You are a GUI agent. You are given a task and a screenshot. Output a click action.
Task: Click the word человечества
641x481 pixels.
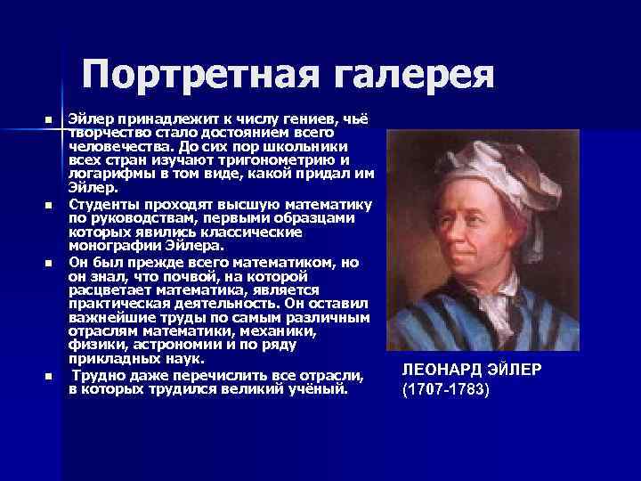coord(111,147)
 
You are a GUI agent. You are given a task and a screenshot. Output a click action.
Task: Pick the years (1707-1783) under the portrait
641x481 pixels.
coord(446,390)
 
